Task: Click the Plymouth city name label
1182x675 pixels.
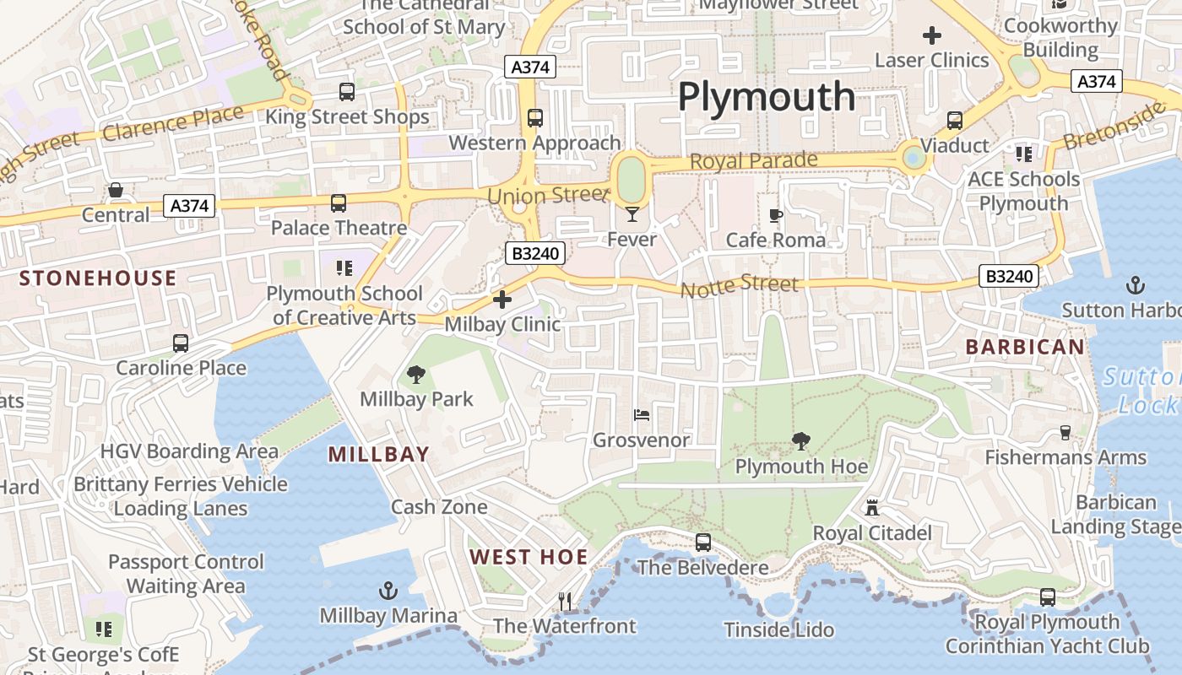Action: coord(767,97)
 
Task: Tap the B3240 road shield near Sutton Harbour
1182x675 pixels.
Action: coord(1009,276)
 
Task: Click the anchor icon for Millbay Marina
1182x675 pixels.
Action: coord(388,590)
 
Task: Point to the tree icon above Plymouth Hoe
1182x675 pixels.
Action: coord(800,440)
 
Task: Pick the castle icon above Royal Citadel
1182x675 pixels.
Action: coord(872,507)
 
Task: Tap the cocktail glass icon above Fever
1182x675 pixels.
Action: coord(632,214)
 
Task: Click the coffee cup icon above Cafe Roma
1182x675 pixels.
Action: coord(776,215)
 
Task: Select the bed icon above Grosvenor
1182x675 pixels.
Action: coord(642,415)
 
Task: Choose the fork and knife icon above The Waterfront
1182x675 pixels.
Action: coord(565,601)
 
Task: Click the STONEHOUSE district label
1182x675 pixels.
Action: coord(98,278)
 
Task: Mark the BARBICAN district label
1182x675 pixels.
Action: coord(1025,347)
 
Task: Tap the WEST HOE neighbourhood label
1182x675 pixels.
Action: coord(529,557)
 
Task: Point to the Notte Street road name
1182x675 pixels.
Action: coord(739,287)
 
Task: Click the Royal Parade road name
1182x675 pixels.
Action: coord(754,160)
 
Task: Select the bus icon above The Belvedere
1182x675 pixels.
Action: coord(702,543)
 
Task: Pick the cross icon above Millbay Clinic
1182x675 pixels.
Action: coord(502,300)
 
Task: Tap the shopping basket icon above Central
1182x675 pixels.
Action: coord(115,191)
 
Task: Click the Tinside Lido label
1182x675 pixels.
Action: coord(779,629)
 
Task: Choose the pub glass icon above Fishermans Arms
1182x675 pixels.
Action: coord(1065,432)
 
